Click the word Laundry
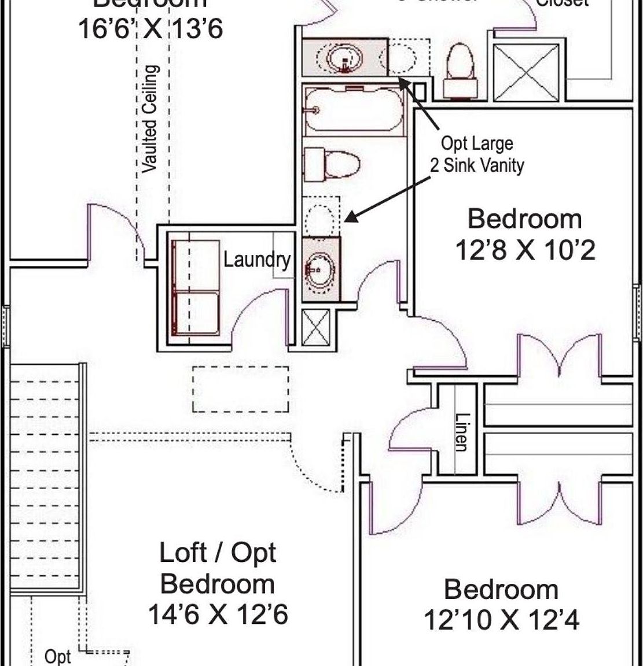(257, 260)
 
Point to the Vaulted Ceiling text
(150, 118)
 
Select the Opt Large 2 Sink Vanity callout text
(477, 154)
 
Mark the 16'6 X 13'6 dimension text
(150, 28)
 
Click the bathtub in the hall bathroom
(354, 110)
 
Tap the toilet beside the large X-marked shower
(460, 71)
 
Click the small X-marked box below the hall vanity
(315, 327)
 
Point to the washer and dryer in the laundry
(196, 287)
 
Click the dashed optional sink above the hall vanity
(321, 217)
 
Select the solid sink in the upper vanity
(345, 58)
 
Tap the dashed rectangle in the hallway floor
(240, 389)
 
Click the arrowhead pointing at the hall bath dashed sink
(350, 218)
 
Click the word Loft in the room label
(182, 553)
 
